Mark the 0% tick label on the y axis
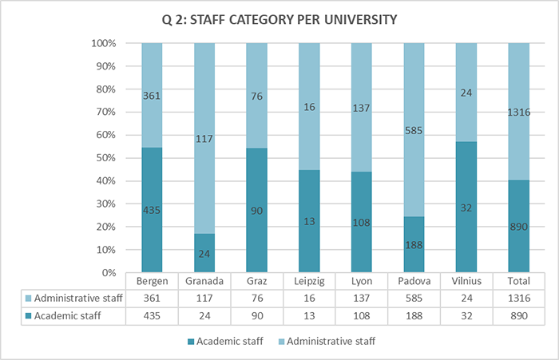109,273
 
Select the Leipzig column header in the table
308,282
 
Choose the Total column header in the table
518,282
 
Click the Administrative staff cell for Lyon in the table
361,299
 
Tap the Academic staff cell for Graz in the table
256,316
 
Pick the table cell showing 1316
518,299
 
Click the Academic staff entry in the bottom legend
228,342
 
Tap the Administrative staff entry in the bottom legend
329,342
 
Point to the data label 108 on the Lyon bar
361,223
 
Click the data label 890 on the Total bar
518,227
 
